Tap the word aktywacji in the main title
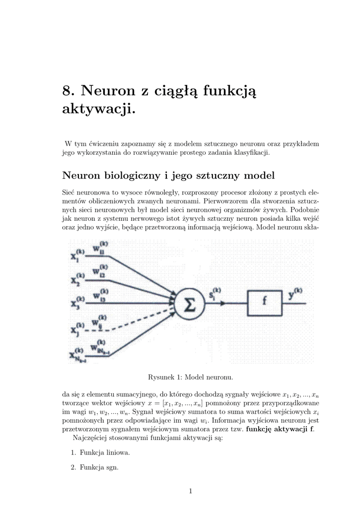(98, 109)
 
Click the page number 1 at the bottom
(191, 491)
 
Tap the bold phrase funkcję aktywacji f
(280, 429)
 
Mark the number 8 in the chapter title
(67, 91)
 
